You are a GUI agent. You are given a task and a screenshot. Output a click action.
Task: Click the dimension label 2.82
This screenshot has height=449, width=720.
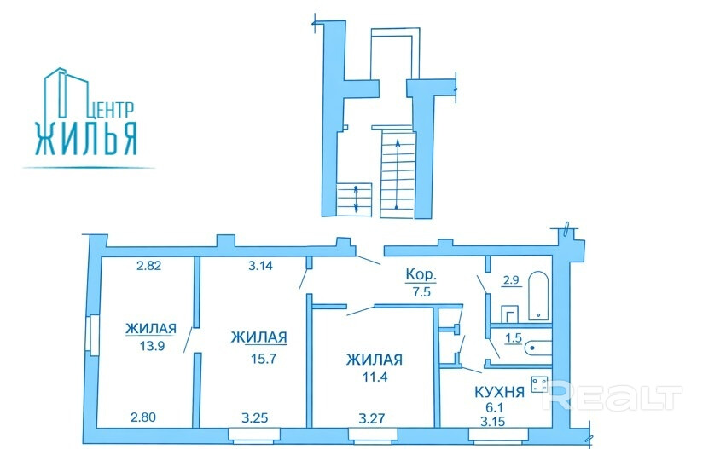coord(150,266)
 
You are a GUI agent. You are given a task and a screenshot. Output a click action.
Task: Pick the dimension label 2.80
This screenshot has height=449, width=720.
coord(145,417)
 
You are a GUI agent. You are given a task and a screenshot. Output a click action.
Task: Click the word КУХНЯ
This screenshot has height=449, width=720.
coord(498,392)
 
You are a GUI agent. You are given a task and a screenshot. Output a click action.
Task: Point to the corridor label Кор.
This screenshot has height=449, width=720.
coord(420,276)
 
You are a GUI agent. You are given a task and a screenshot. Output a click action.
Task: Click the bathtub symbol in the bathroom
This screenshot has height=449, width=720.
coord(538,296)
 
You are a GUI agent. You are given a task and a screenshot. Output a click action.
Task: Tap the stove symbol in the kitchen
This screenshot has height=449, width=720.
coord(538,384)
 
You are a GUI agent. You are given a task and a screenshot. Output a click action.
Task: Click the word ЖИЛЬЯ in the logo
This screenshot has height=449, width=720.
coord(85,138)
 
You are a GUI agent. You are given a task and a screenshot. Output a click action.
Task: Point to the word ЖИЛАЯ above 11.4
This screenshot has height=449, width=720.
coord(374,360)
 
